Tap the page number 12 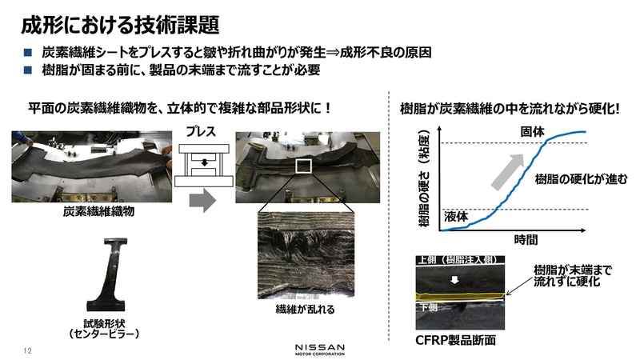click(27, 350)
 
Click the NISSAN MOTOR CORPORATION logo click(319, 350)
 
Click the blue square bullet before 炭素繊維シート click(26, 53)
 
